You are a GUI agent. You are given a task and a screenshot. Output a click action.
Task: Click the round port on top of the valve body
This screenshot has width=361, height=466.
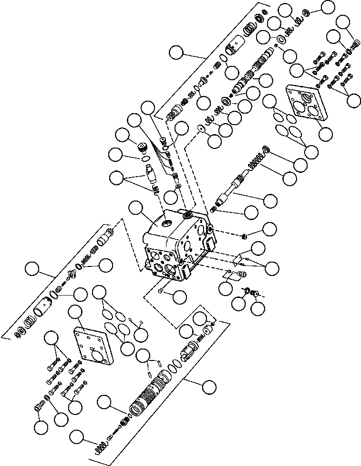[x=166, y=222]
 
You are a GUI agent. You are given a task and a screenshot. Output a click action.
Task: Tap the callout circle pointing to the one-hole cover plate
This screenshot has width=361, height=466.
[x=77, y=313]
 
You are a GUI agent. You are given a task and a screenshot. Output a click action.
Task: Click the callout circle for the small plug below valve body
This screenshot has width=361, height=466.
[x=179, y=297]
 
